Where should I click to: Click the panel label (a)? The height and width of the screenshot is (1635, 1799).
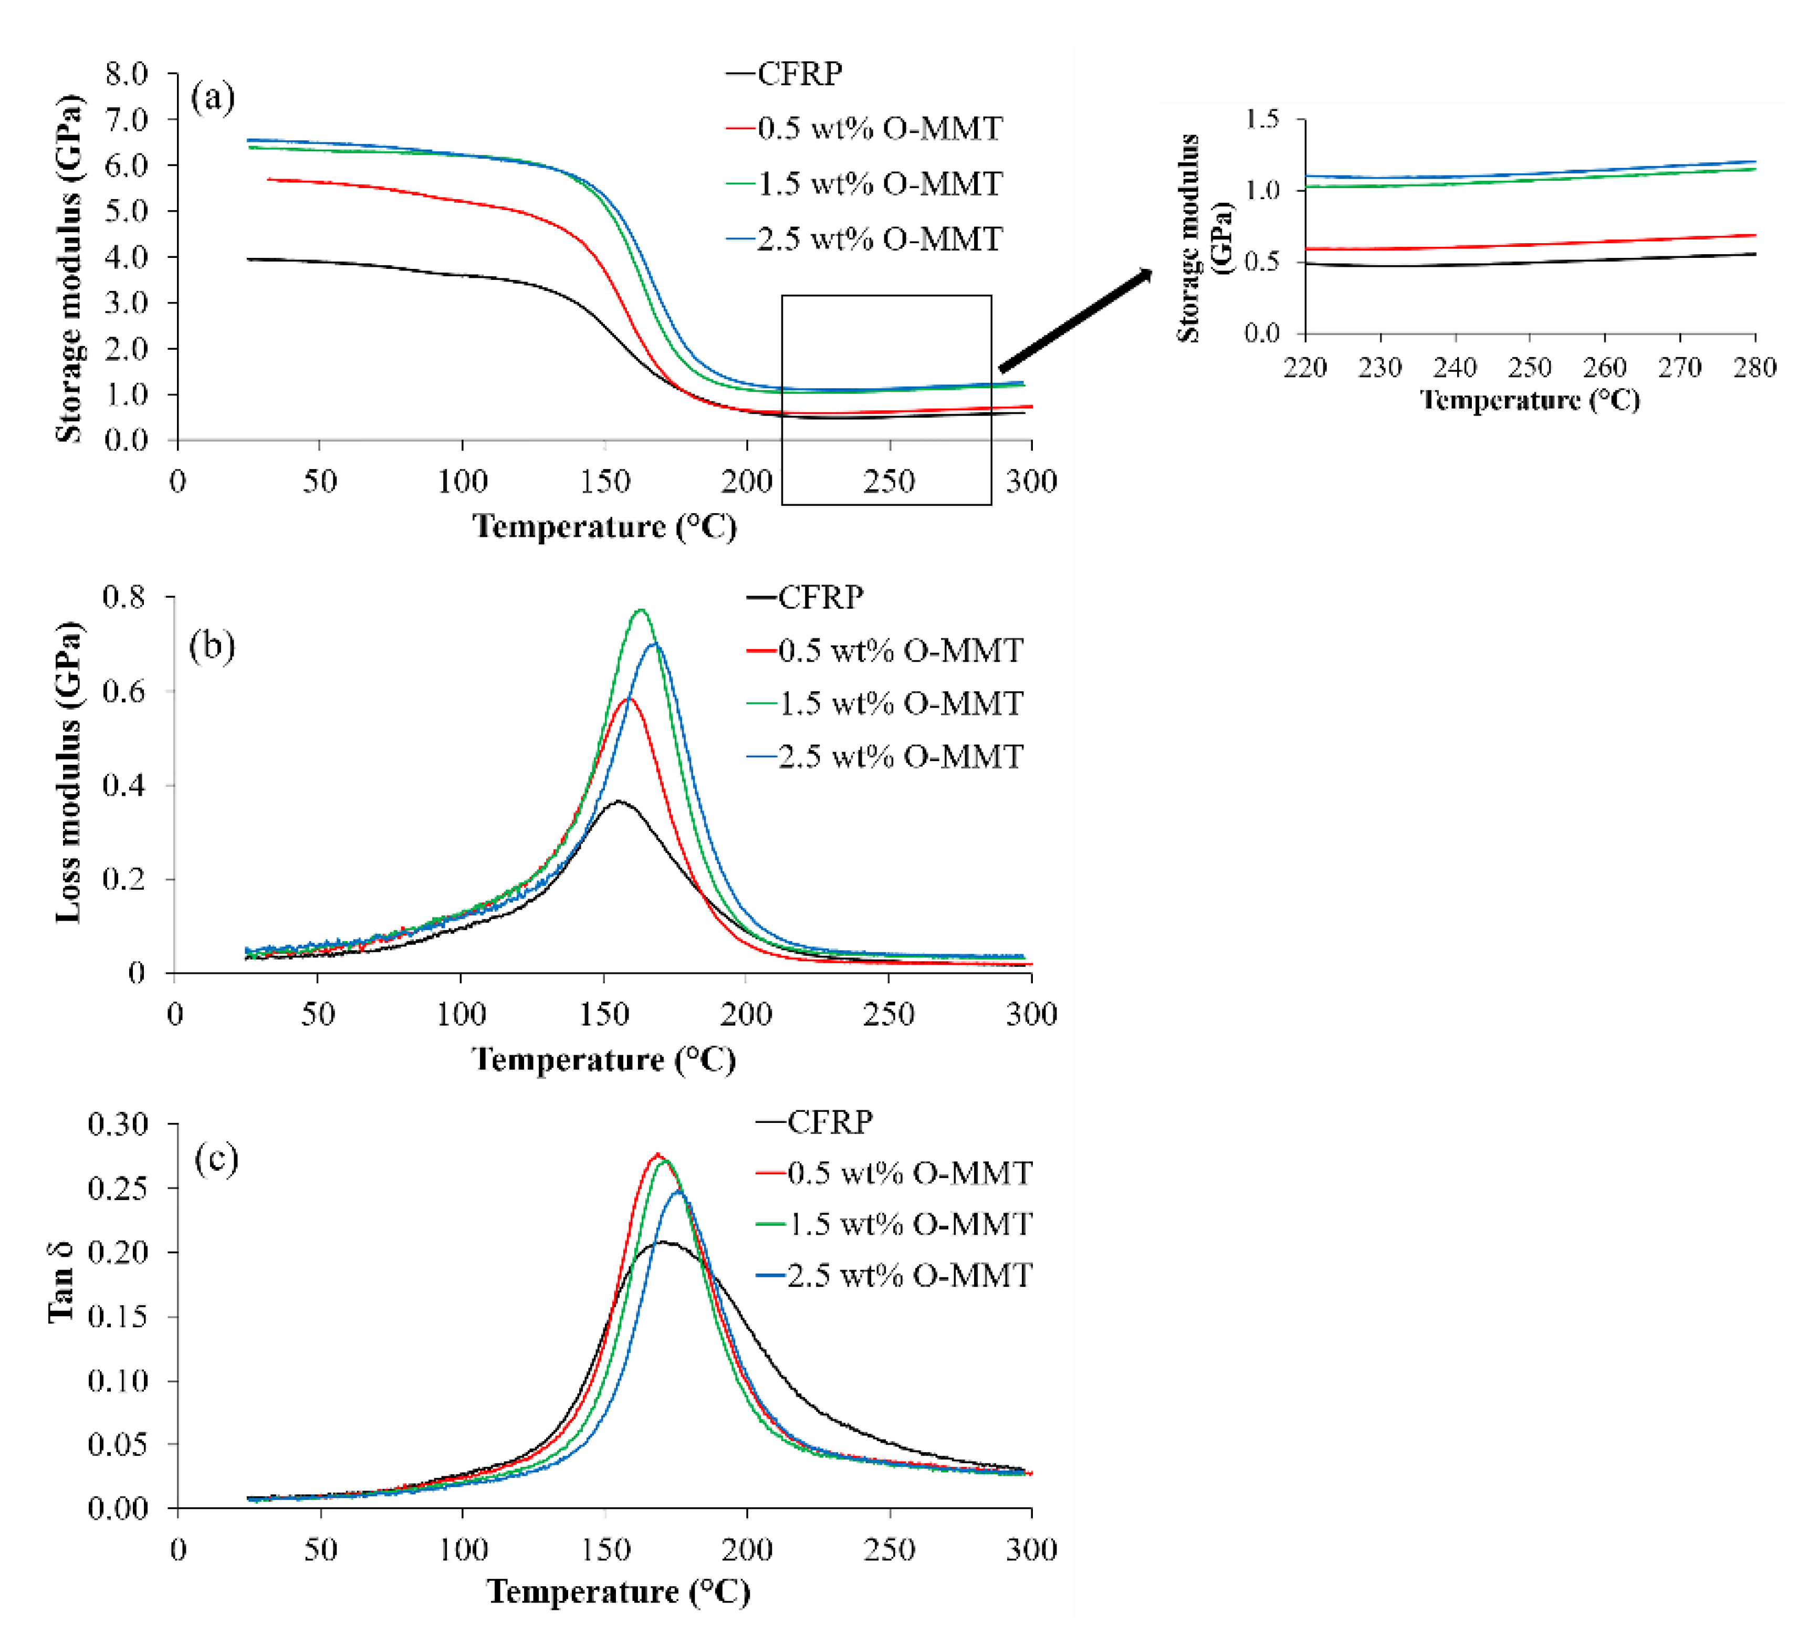tap(212, 97)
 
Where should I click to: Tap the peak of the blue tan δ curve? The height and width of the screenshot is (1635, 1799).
tap(678, 1191)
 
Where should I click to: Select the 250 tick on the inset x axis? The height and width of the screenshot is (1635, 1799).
tap(1530, 367)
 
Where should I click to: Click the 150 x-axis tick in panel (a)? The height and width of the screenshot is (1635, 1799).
tap(605, 482)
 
